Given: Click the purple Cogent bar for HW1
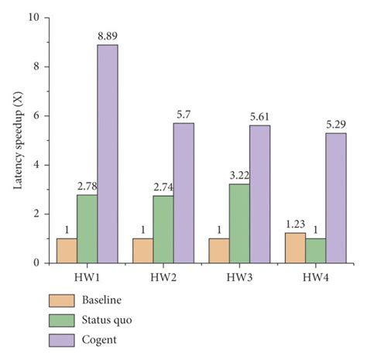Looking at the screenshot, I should (x=108, y=154).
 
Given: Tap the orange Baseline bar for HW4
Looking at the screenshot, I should (x=295, y=249).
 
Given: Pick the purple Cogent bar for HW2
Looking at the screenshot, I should (x=183, y=193).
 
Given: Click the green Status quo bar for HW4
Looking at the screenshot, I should (x=315, y=251).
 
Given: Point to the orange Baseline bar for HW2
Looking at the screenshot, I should (x=142, y=251).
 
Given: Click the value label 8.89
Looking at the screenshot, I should (x=108, y=37).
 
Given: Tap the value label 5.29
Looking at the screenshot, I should (x=335, y=125).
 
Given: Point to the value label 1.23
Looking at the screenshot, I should (x=294, y=225).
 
